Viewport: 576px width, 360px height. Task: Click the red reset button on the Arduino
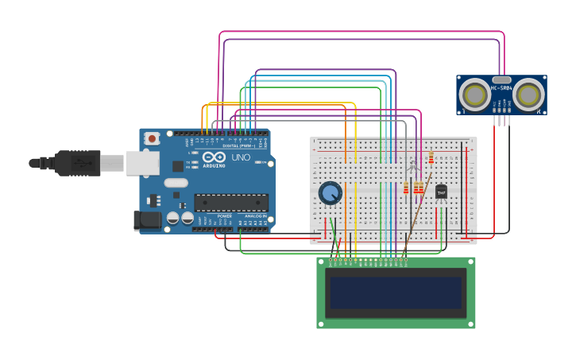pyautogui.click(x=152, y=138)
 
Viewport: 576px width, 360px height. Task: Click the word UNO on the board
pyautogui.click(x=240, y=157)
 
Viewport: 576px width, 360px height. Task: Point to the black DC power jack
pyautogui.click(x=147, y=220)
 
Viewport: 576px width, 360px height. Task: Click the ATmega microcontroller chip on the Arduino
pyautogui.click(x=230, y=203)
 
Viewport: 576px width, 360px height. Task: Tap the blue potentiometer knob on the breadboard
pyautogui.click(x=330, y=192)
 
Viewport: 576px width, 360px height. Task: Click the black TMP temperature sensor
pyautogui.click(x=441, y=192)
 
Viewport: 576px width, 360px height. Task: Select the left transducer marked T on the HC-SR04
pyautogui.click(x=474, y=95)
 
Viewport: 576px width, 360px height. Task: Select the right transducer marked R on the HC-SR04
pyautogui.click(x=528, y=95)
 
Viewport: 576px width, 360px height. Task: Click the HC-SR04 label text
pyautogui.click(x=501, y=88)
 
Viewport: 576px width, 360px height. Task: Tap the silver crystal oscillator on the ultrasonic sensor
pyautogui.click(x=501, y=79)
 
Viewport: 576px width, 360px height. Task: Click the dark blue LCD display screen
pyautogui.click(x=396, y=292)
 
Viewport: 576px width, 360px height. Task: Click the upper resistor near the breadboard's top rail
pyautogui.click(x=431, y=158)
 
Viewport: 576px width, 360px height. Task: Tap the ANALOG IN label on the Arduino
pyautogui.click(x=253, y=215)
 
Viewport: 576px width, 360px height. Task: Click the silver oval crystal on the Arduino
pyautogui.click(x=176, y=183)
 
